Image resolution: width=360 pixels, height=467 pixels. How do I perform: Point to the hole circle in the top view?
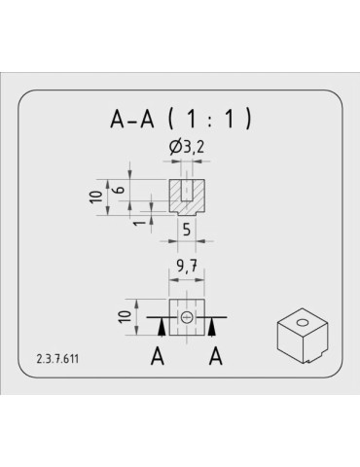click(x=186, y=316)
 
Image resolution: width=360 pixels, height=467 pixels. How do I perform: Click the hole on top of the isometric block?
click(x=301, y=321)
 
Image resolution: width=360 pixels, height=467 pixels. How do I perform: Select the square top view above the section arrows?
click(x=186, y=315)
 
